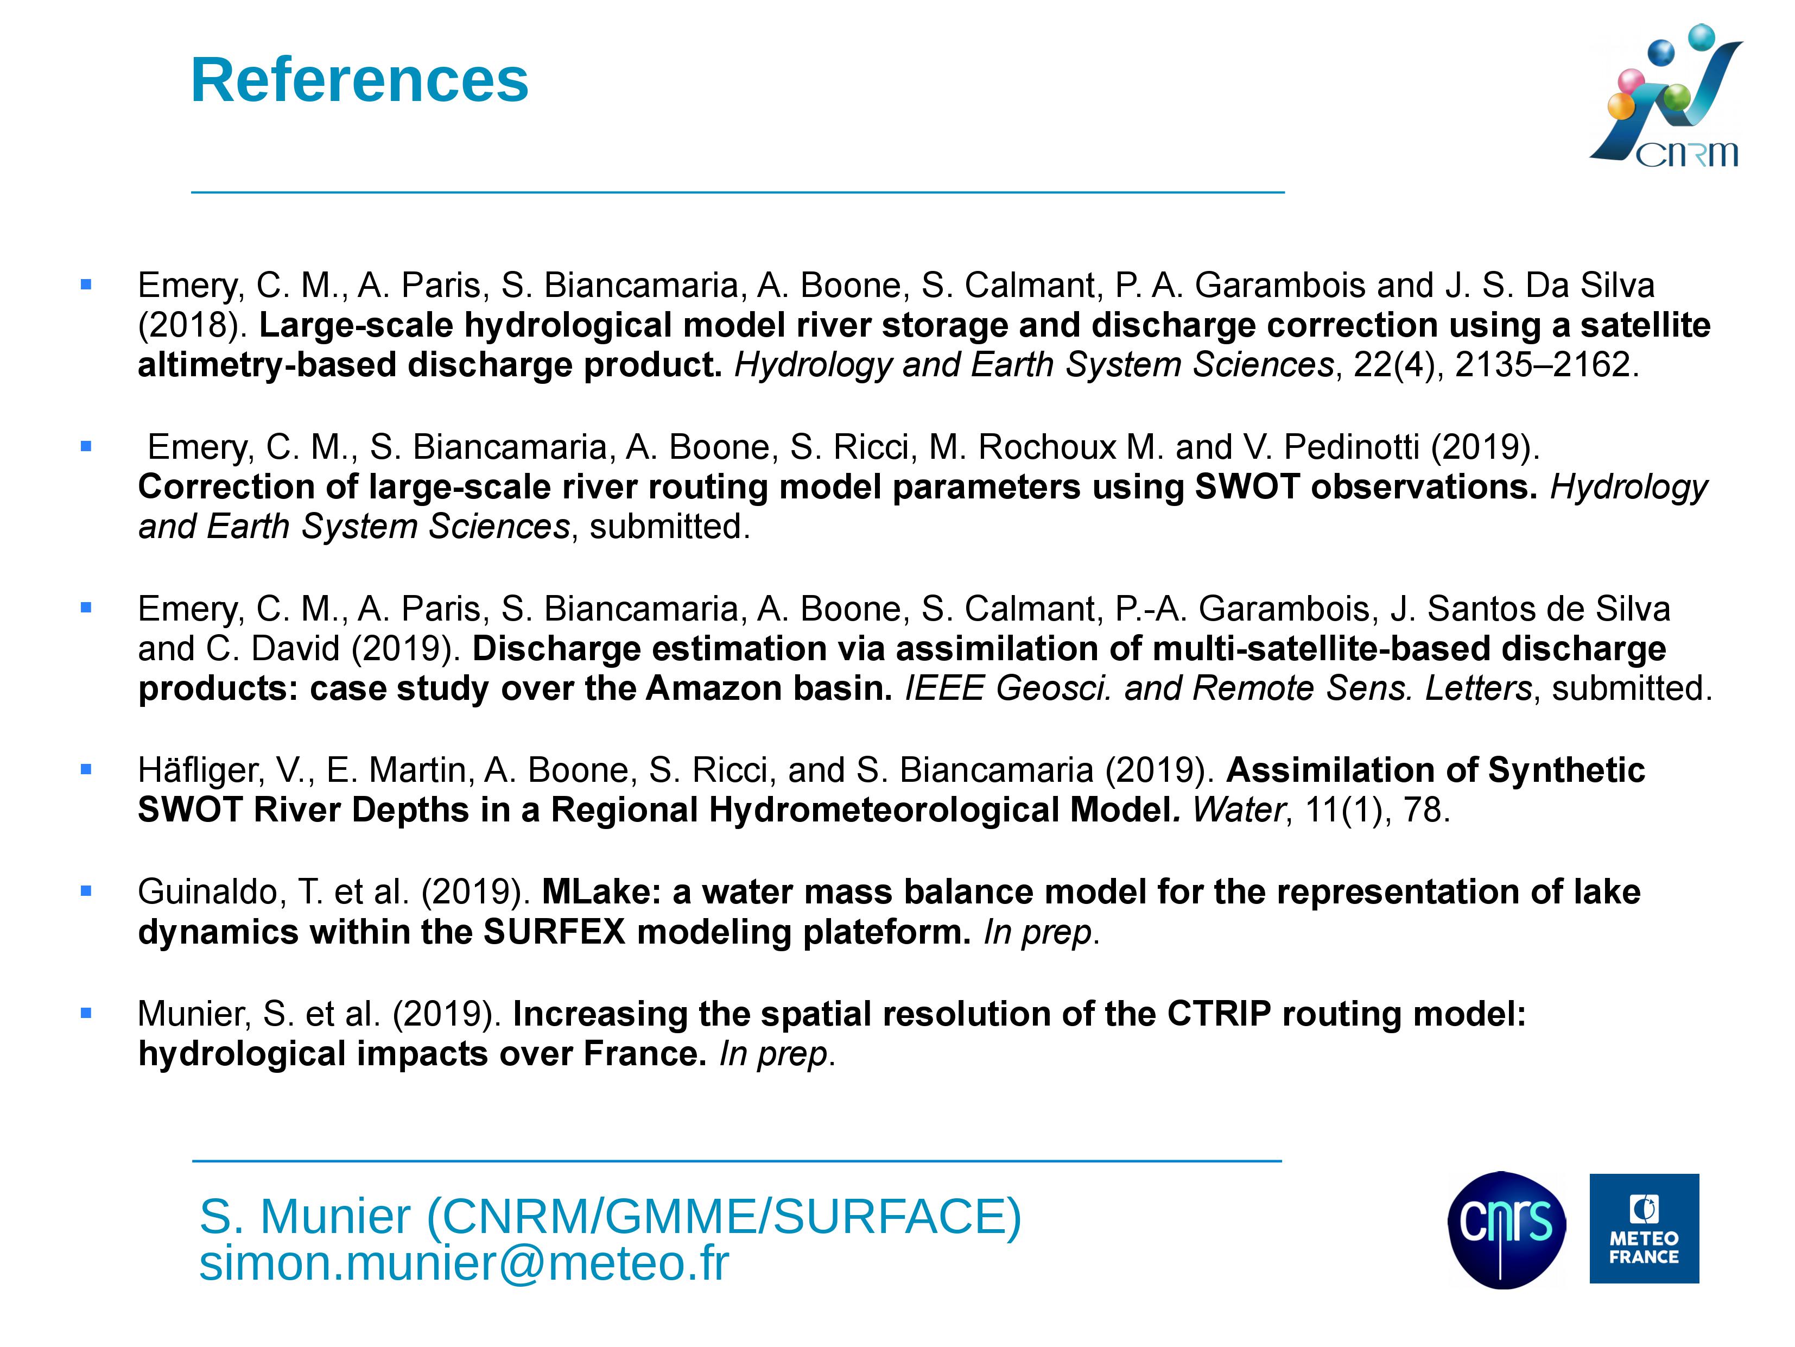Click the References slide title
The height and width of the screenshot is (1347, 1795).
(x=359, y=80)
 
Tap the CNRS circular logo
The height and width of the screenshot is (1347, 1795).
(x=1506, y=1229)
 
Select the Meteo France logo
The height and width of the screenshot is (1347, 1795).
(x=1644, y=1229)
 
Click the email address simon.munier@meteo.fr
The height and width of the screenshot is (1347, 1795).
(x=464, y=1263)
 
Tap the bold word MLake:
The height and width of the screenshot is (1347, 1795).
(x=601, y=892)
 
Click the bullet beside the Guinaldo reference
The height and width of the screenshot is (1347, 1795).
(x=86, y=891)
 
